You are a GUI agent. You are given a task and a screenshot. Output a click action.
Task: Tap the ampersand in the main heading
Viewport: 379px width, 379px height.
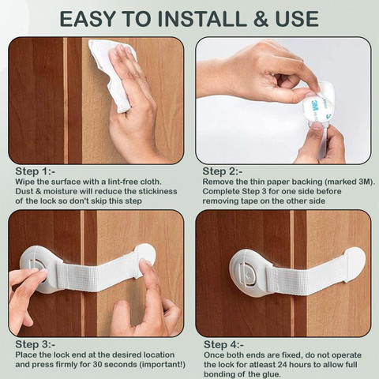tap(261, 19)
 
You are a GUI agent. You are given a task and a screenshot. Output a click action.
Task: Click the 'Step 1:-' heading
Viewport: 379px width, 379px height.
tap(36, 171)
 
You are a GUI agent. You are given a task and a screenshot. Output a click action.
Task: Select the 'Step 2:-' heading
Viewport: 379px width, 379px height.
tap(223, 171)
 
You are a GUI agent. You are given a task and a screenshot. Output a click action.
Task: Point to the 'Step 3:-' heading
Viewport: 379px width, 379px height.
tap(36, 344)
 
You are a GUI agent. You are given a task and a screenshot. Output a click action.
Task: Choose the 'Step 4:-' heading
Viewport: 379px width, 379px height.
tap(224, 344)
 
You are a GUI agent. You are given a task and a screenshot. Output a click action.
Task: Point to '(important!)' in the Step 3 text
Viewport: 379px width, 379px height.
tap(162, 365)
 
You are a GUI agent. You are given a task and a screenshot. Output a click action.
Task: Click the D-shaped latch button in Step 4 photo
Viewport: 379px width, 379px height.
tap(248, 274)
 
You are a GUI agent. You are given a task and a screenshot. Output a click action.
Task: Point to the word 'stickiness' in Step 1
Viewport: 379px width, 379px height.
tap(158, 191)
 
